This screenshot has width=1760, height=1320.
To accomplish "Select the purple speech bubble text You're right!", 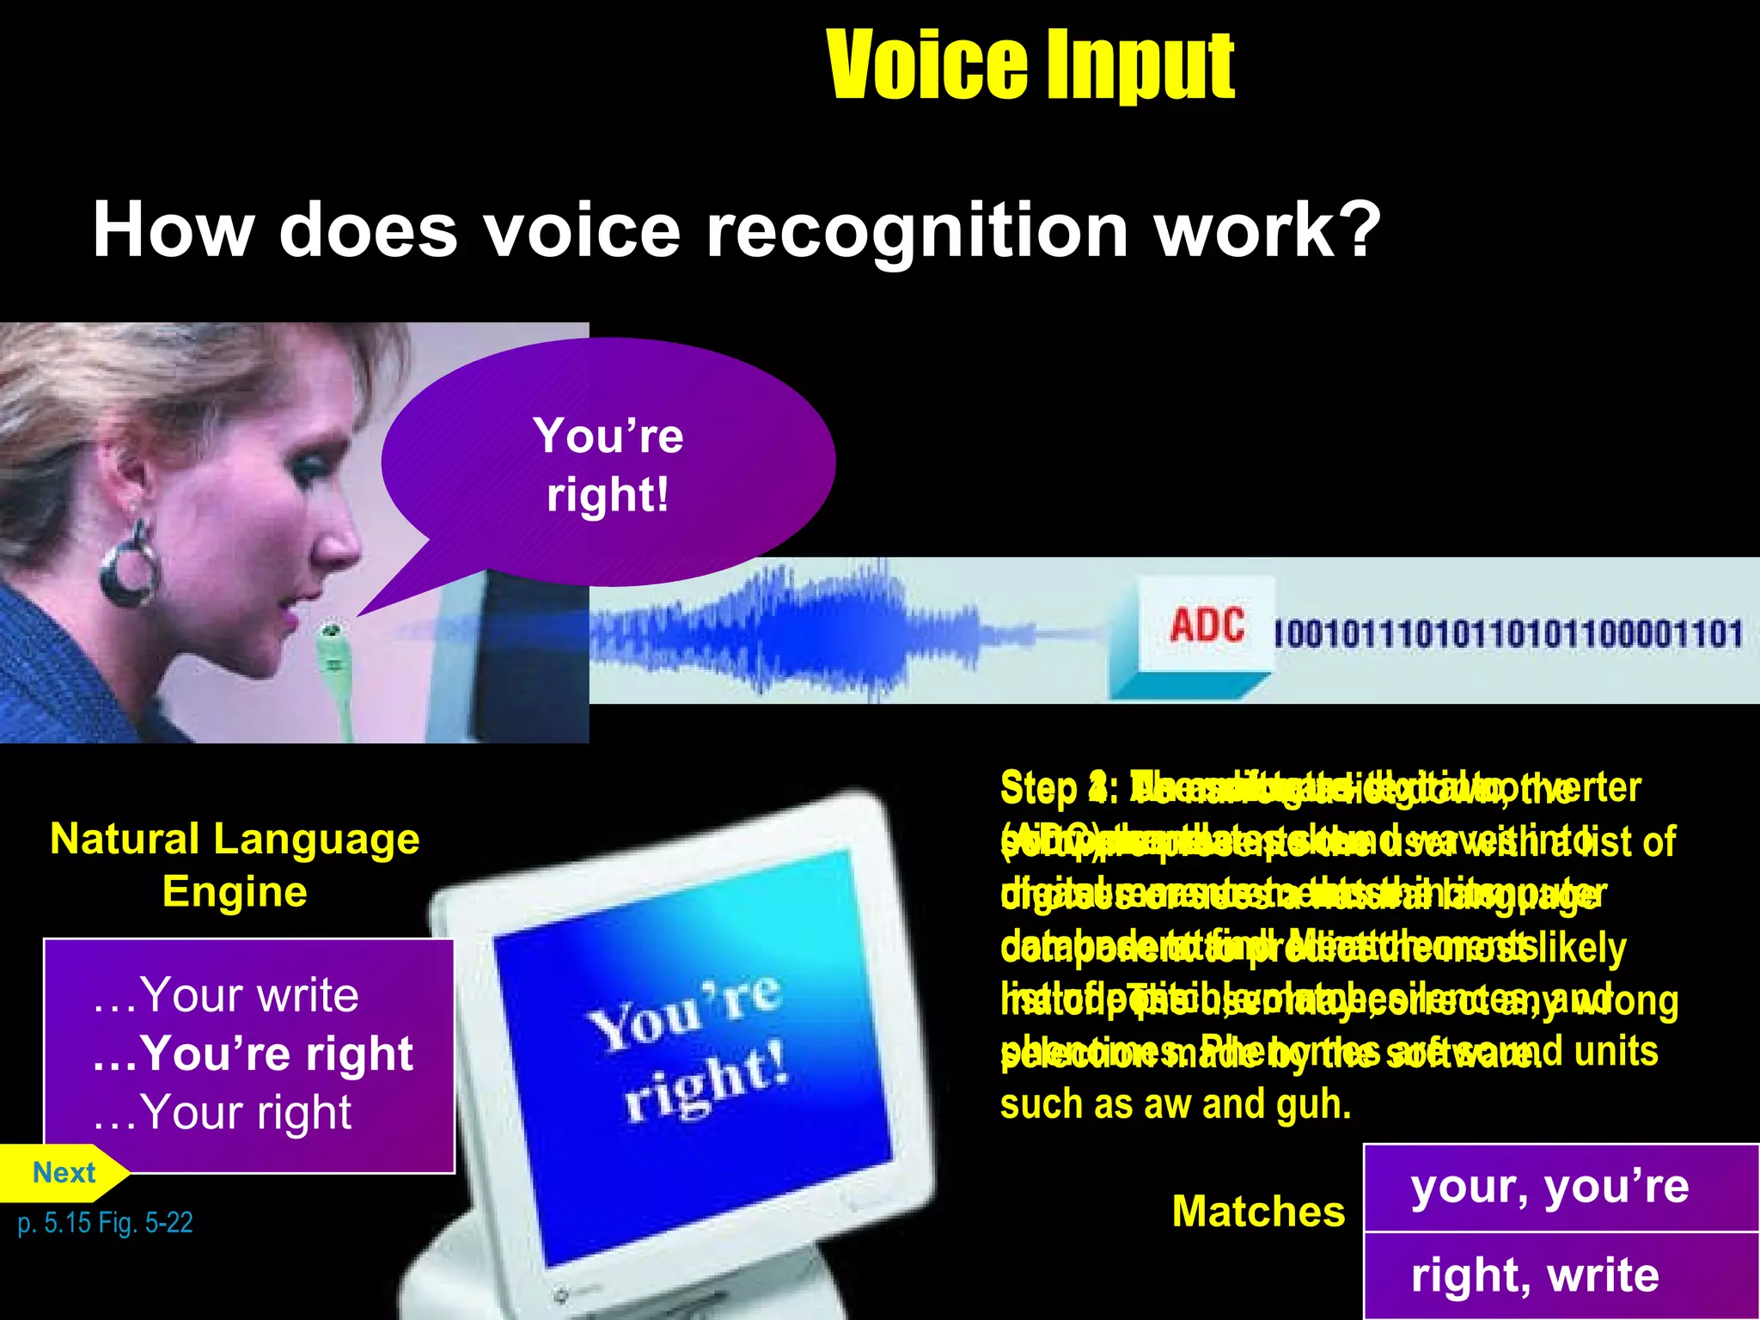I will (608, 465).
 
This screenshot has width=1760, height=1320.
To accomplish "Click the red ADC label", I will (1206, 625).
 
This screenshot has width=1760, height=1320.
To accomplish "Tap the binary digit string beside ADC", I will (1508, 634).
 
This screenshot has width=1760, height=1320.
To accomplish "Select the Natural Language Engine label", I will (235, 865).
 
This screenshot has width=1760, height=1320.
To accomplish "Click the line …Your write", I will (225, 995).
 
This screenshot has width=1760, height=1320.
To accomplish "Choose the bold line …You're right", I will (253, 1053).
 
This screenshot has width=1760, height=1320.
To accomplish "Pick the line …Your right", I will (222, 1112).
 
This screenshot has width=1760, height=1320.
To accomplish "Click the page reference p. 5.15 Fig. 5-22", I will (105, 1222).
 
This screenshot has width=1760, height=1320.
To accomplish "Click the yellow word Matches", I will (1258, 1212).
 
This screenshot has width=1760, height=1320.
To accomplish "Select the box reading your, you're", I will (1549, 1187).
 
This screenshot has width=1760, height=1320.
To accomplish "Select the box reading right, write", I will (1535, 1275).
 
